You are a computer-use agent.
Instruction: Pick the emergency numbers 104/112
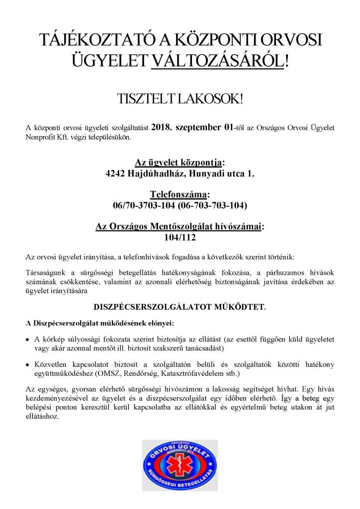click(x=180, y=238)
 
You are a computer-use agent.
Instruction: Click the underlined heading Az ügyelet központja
click(x=180, y=163)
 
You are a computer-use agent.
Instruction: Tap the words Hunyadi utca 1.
click(x=222, y=174)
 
